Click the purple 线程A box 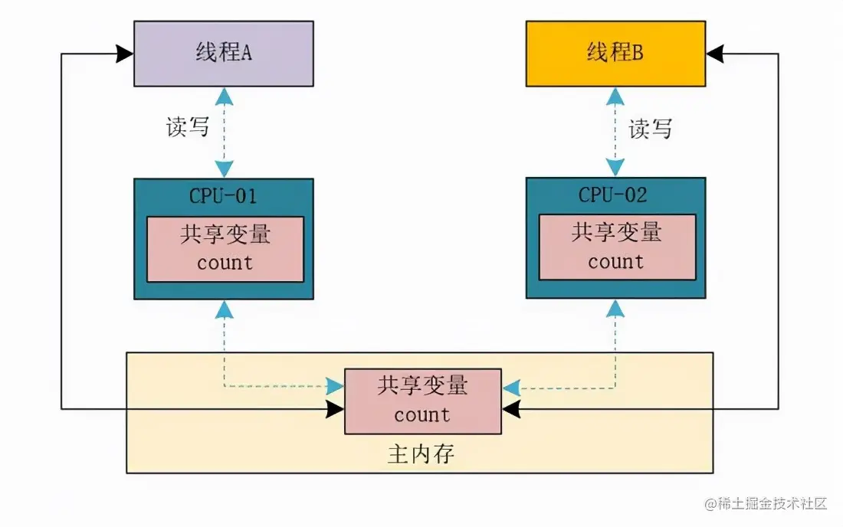[223, 54]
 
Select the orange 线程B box [615, 54]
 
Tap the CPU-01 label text [223, 195]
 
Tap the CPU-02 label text [613, 195]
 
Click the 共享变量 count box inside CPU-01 [225, 249]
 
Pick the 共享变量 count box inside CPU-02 [617, 247]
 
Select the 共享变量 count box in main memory [422, 401]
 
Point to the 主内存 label [421, 454]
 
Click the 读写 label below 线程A [188, 126]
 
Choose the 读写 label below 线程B [650, 129]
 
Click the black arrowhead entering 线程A [125, 54]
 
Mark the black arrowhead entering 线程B [714, 54]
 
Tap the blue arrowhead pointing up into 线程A [224, 95]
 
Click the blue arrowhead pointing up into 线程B [615, 95]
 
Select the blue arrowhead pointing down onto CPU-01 [224, 169]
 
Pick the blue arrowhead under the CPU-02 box [615, 308]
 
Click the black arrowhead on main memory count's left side [335, 409]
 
